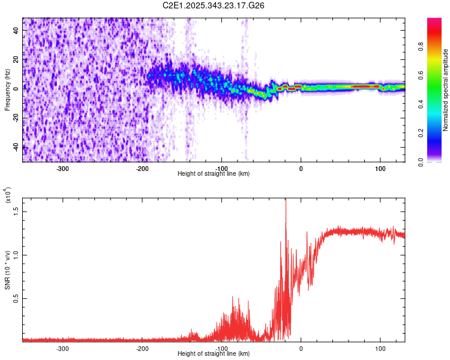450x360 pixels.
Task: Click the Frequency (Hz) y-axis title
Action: pos(7,90)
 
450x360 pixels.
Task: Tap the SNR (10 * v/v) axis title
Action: pos(7,268)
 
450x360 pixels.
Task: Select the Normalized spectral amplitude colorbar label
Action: pos(446,90)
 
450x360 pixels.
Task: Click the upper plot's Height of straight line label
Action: pos(214,173)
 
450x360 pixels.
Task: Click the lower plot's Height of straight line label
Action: pos(214,353)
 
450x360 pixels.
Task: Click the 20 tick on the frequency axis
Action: pos(16,59)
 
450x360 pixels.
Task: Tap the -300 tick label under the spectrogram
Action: pos(63,167)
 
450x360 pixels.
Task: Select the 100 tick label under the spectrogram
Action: pos(380,167)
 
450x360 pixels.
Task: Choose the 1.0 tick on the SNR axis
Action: pos(16,254)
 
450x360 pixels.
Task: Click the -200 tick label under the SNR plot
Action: pos(142,347)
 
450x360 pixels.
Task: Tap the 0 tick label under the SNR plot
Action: pos(301,347)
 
